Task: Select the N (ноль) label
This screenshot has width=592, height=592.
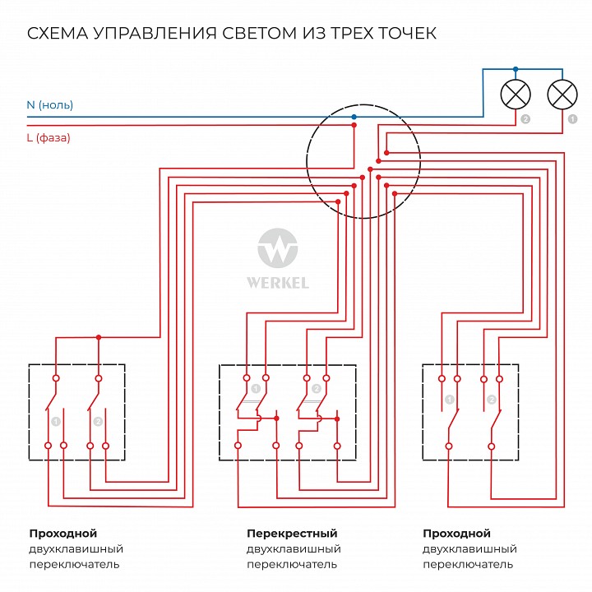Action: (x=49, y=105)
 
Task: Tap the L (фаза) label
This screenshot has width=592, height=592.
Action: (x=49, y=138)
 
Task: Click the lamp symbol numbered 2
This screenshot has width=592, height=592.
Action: (x=516, y=95)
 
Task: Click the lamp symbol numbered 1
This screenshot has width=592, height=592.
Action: (x=562, y=95)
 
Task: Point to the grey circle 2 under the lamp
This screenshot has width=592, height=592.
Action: (x=525, y=119)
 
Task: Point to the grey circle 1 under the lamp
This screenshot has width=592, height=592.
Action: (x=571, y=119)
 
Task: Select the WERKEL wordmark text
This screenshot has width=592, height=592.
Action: (x=278, y=283)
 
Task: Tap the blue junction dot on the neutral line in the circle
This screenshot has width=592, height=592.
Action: (x=354, y=118)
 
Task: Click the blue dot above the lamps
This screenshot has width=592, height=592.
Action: (x=516, y=69)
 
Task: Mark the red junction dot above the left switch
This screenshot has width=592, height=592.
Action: (x=99, y=337)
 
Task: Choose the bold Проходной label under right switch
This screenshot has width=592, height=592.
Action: (x=456, y=534)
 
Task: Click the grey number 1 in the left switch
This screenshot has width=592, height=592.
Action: (x=55, y=421)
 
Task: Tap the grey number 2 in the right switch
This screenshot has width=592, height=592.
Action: (x=492, y=400)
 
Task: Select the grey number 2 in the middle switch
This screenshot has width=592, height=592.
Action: (x=316, y=388)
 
